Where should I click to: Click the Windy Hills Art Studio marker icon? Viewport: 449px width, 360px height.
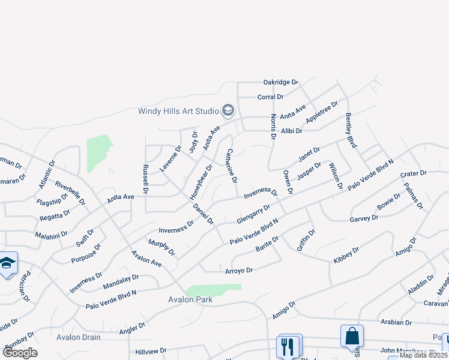(x=228, y=110)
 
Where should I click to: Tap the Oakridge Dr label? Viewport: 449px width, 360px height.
(x=280, y=82)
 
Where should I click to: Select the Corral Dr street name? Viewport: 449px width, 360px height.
(x=270, y=97)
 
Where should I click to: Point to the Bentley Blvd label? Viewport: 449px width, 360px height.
(x=352, y=131)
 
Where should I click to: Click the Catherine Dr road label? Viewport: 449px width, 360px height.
(x=232, y=166)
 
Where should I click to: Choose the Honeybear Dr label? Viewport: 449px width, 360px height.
(x=201, y=182)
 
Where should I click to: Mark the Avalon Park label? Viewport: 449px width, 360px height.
(x=190, y=299)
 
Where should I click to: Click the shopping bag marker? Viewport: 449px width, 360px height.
(x=352, y=336)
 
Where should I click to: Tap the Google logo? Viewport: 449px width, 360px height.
(x=20, y=353)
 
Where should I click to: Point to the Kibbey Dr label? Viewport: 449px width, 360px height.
(x=346, y=254)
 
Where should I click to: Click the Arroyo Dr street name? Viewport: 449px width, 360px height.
(x=239, y=271)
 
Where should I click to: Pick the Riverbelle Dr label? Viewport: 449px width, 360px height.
(x=67, y=190)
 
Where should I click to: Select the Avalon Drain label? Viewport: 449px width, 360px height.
(x=79, y=337)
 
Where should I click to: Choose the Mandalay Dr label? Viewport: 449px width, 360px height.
(x=121, y=281)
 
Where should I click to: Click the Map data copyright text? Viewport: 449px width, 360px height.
(x=423, y=355)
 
